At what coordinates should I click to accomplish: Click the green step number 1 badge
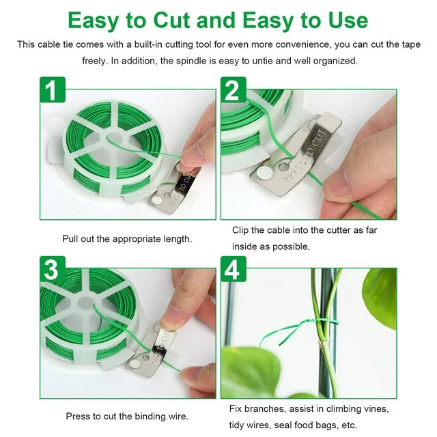(53, 89)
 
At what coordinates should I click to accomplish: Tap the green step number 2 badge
(234, 89)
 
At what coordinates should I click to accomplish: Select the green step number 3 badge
(53, 269)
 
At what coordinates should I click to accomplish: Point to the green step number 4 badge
(234, 269)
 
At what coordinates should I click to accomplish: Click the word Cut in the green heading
(172, 20)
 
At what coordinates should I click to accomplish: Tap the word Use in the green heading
(348, 20)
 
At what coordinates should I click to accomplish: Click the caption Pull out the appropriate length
(127, 239)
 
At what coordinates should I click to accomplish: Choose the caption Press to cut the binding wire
(127, 417)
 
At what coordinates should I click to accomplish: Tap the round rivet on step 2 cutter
(264, 173)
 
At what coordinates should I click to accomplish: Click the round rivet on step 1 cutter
(156, 200)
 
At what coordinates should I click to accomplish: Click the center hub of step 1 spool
(115, 137)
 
